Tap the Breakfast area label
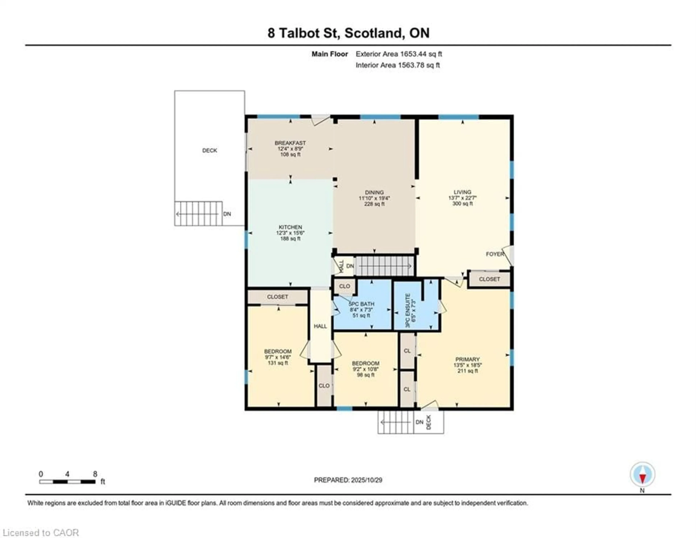(290, 143)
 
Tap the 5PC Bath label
(361, 304)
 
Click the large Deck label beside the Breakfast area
(209, 150)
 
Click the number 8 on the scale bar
(95, 474)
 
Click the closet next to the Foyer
(489, 279)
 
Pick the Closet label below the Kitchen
(277, 297)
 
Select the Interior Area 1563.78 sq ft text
(397, 65)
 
